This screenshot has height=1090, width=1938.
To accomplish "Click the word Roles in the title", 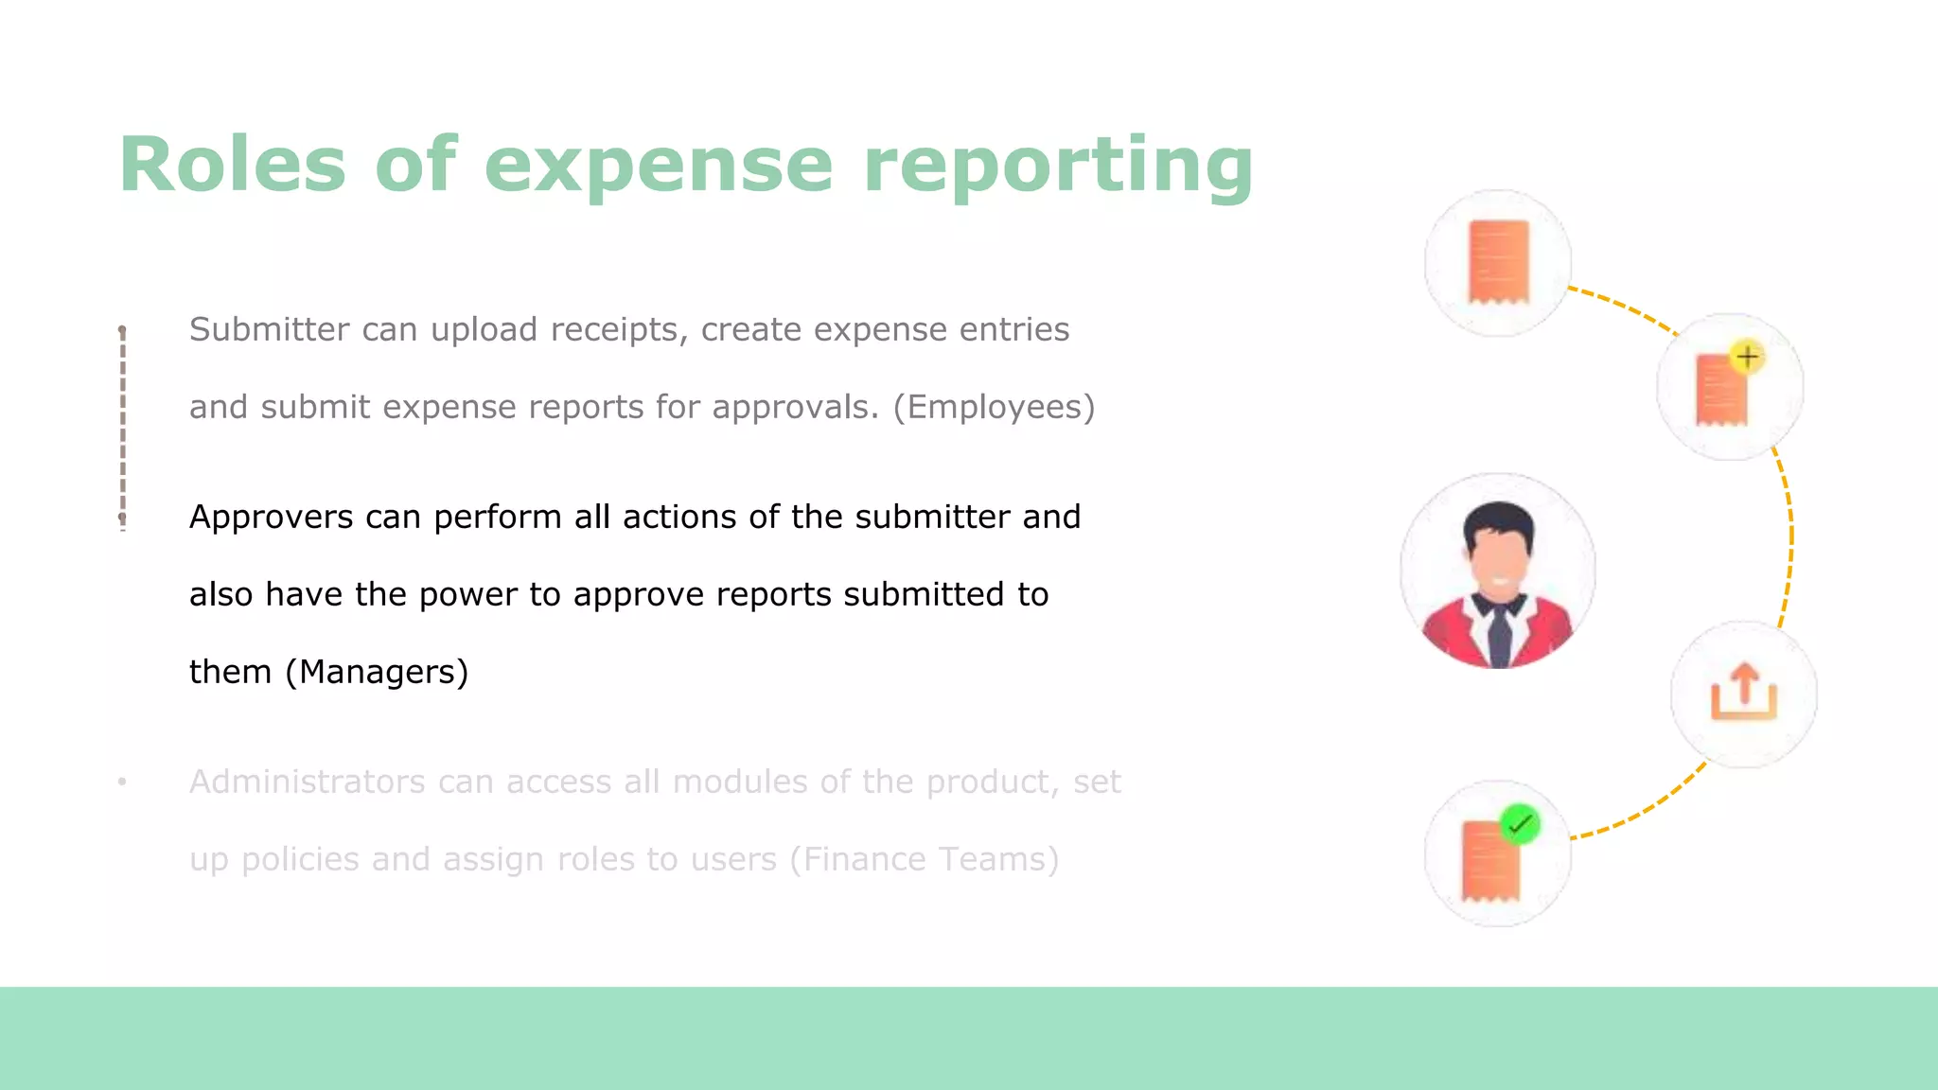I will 233,166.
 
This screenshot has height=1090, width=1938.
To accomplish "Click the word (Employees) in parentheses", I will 994,407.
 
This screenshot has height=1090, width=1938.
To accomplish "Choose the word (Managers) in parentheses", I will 377,672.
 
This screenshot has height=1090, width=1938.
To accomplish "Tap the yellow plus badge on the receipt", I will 1747,357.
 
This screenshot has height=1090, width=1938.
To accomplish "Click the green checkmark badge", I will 1520,824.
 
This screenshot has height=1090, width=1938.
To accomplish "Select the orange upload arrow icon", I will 1743,693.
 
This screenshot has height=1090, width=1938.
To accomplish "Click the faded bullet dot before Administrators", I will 122,782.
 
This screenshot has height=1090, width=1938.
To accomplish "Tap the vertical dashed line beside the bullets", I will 123,426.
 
